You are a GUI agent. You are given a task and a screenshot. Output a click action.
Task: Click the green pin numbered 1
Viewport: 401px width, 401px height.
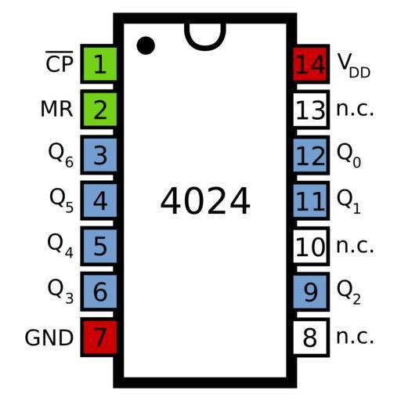pos(99,64)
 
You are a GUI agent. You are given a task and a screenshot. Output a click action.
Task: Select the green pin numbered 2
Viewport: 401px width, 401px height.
pos(99,110)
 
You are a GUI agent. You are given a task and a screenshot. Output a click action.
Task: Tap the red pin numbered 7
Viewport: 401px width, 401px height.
pos(99,338)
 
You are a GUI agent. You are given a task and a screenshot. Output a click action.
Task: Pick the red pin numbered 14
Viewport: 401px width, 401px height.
pos(311,64)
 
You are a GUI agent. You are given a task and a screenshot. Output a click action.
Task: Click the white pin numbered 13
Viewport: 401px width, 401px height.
pos(311,110)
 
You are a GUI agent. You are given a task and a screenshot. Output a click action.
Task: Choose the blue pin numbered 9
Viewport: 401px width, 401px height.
pos(311,291)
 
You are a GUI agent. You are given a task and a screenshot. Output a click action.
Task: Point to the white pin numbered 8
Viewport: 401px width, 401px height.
pos(311,338)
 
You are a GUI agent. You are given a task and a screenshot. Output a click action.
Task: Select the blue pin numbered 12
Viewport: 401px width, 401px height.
pos(311,155)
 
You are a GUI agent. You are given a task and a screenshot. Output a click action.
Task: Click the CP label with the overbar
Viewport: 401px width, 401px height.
pos(60,62)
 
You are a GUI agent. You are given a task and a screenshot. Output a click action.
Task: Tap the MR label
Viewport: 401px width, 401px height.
pos(56,109)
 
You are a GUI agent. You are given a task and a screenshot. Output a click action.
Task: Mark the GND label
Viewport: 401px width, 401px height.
pos(49,338)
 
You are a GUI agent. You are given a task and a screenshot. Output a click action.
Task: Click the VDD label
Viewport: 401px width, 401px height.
pos(354,65)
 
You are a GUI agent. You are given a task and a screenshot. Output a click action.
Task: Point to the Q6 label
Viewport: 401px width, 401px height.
pos(61,155)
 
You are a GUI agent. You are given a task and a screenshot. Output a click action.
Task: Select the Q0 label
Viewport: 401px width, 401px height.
pos(349,155)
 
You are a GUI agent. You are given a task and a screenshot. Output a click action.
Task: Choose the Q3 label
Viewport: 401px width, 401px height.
pos(60,291)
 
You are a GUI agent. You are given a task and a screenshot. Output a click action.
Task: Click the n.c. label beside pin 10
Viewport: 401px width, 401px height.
pos(355,246)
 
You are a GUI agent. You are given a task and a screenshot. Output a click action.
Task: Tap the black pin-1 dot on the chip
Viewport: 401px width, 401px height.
pos(146,45)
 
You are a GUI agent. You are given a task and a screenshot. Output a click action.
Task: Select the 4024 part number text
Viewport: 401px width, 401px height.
pos(205,200)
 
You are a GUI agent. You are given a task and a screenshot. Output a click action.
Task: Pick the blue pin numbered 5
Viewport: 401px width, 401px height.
pos(99,246)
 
